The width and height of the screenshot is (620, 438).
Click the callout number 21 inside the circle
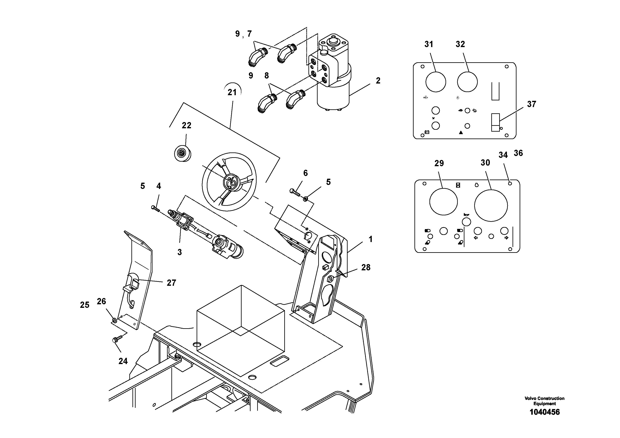tap(232, 92)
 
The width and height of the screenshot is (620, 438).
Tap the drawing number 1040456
tap(544, 412)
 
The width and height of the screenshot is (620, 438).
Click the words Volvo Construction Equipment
tap(544, 401)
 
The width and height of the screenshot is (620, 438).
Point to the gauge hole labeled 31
tap(435, 82)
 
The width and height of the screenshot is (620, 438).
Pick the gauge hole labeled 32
tap(467, 82)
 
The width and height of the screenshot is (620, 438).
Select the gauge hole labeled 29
tap(443, 202)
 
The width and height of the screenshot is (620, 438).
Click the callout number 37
tap(531, 104)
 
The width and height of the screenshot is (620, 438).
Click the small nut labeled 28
tap(329, 279)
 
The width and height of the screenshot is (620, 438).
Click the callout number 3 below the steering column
tap(180, 252)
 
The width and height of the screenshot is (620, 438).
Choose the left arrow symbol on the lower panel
tap(476, 238)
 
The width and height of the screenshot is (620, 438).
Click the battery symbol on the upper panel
tap(427, 132)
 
